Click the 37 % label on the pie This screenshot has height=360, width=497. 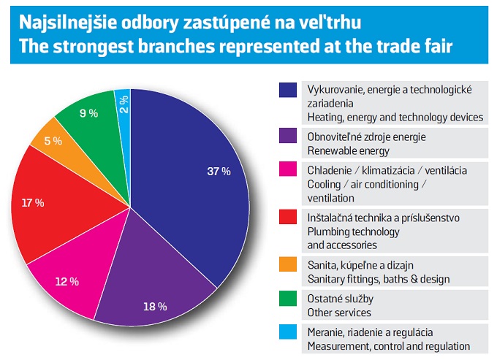(x=219, y=172)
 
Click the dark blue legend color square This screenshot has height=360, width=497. (x=287, y=90)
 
